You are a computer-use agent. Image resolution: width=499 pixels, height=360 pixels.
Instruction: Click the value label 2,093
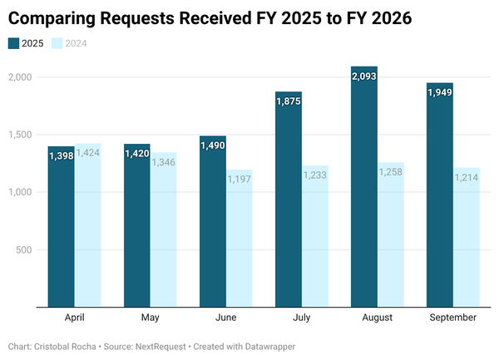coord(364,76)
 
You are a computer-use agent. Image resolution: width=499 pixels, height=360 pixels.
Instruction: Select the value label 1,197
coord(239,179)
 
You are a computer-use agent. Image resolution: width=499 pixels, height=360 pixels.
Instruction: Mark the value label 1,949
coord(440,93)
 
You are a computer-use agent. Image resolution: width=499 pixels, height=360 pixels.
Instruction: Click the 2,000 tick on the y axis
coord(19,77)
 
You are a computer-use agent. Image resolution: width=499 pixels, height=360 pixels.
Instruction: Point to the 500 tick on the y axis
coord(23,250)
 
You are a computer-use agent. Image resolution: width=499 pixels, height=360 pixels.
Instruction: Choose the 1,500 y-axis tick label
coord(19,135)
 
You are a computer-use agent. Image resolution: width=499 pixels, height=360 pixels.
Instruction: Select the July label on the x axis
coord(302,318)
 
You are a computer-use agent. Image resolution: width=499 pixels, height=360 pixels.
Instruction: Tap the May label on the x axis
coord(151,318)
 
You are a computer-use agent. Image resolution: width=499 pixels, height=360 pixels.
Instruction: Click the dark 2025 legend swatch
coord(13,43)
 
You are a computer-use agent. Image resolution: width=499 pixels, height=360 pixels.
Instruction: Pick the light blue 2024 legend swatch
coord(57,43)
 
